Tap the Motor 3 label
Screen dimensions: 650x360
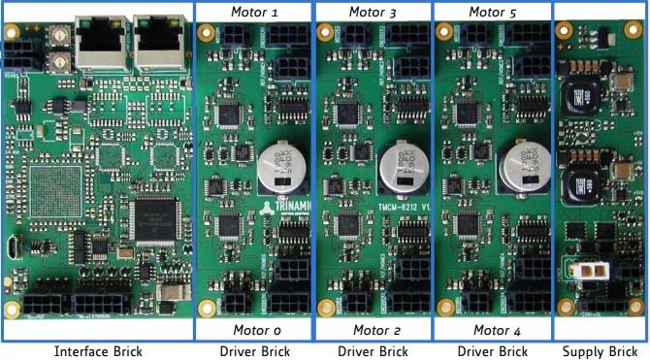coord(373,12)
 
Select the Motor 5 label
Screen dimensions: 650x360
coord(492,12)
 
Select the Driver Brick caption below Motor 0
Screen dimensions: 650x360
coord(253,350)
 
